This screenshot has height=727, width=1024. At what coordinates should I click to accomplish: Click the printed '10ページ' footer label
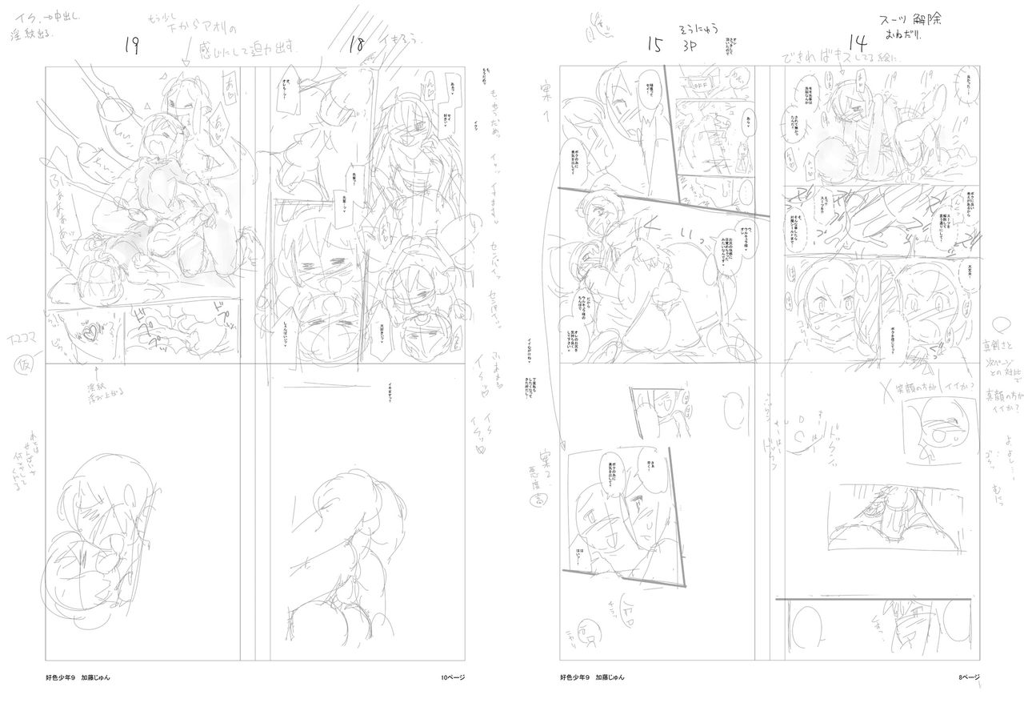pos(454,677)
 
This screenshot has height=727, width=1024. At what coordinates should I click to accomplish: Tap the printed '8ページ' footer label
pos(969,677)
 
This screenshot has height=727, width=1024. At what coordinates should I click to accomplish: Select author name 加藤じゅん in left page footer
pos(95,677)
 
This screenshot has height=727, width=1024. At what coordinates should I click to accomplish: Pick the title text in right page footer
pos(576,677)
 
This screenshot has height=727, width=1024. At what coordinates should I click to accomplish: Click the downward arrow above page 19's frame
pos(186,55)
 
